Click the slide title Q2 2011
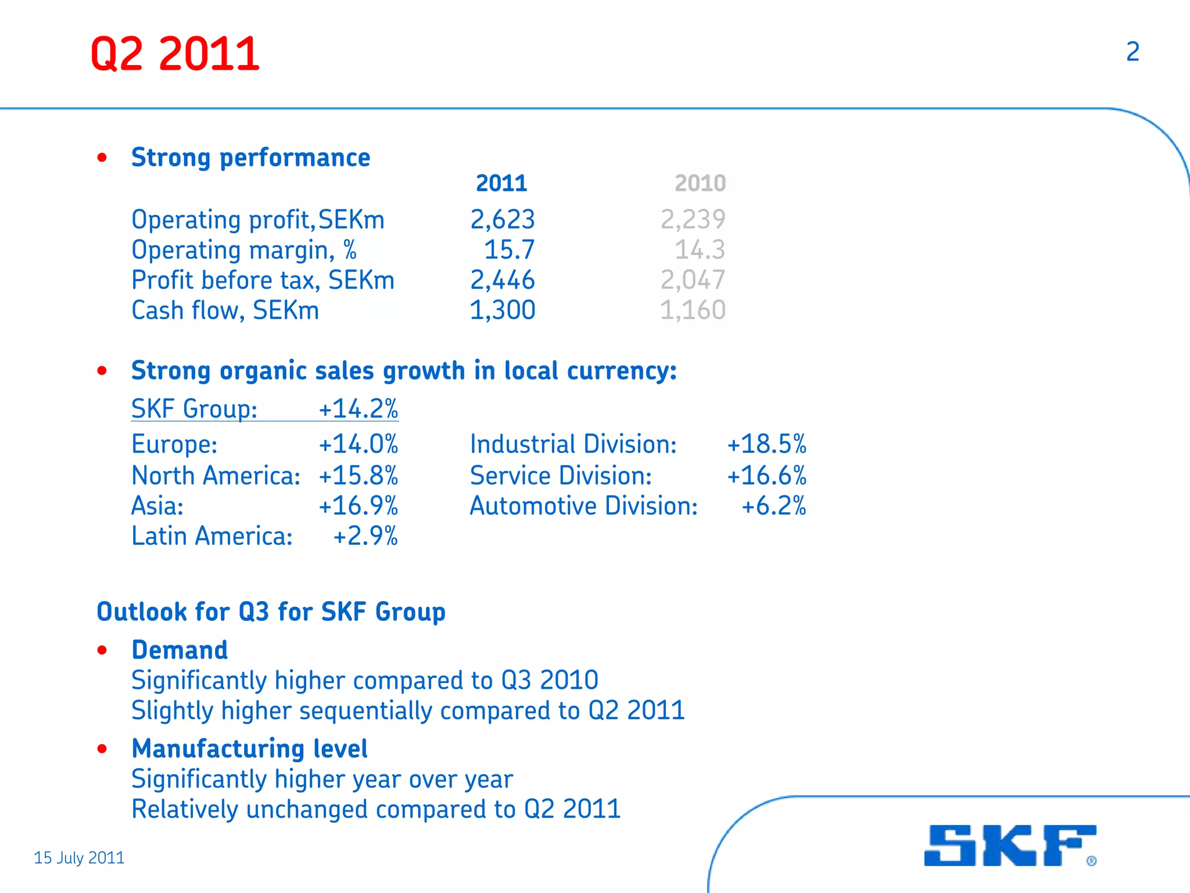175,54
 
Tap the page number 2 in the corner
1132,52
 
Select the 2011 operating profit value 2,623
502,220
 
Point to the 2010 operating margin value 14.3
700,250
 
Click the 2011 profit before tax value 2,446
502,280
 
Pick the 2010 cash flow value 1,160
693,310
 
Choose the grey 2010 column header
700,183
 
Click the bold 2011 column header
501,183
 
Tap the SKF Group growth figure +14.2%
359,409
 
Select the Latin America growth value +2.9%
365,536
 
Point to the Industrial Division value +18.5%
766,444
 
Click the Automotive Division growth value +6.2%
773,506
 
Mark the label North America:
216,476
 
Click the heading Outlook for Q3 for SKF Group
271,612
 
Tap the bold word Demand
180,650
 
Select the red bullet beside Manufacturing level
102,749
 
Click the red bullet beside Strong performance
102,158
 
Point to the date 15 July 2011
79,858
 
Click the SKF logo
1009,845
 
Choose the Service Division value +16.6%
766,476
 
